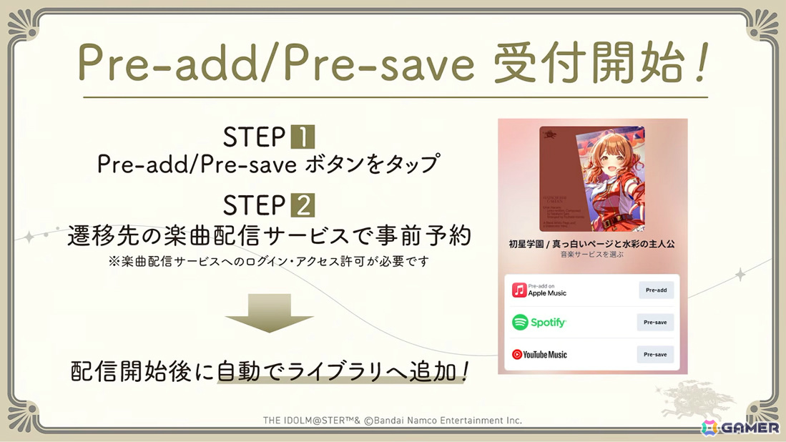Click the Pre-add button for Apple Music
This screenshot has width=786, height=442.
click(x=656, y=290)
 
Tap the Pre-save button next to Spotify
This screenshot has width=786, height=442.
click(x=655, y=323)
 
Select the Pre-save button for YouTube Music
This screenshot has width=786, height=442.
click(x=655, y=355)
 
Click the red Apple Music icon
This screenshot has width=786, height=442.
click(x=519, y=290)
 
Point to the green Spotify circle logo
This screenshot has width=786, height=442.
click(x=520, y=323)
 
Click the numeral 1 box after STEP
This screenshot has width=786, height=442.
click(x=303, y=137)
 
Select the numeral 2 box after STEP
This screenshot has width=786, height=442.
click(x=303, y=206)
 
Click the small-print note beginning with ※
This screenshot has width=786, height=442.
click(x=268, y=262)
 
